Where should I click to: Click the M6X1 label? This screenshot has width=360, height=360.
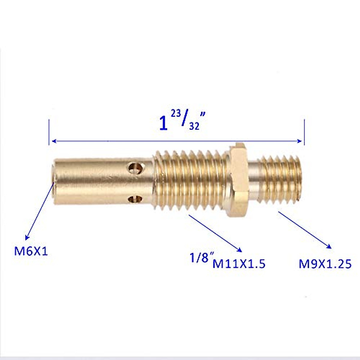[x=31, y=251]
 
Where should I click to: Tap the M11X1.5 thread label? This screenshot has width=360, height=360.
[x=239, y=264]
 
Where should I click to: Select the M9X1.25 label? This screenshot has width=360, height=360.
[x=325, y=264]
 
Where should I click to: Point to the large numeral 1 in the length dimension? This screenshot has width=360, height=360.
[x=163, y=123]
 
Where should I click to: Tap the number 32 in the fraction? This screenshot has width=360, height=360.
[x=194, y=126]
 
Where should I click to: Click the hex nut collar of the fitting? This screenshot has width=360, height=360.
[x=238, y=180]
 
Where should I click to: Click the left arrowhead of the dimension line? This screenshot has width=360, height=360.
[x=54, y=141]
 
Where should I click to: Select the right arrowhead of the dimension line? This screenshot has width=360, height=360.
[x=300, y=141]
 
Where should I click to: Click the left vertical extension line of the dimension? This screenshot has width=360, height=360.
[x=49, y=132]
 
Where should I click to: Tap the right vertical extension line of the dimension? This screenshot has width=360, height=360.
[x=304, y=132]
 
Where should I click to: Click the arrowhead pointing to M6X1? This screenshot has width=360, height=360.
[x=27, y=237]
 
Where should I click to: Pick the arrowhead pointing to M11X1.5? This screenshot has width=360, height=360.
[x=240, y=250]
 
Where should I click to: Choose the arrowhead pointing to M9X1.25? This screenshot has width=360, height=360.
[x=329, y=247]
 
